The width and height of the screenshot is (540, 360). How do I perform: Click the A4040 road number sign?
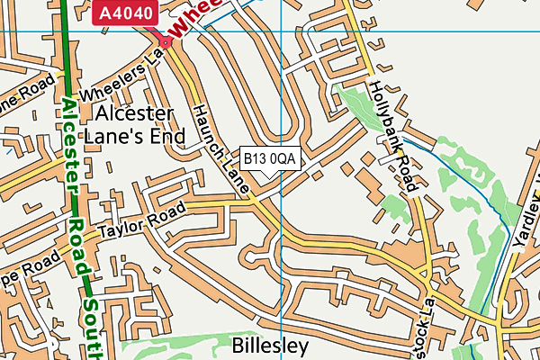coord(126,13)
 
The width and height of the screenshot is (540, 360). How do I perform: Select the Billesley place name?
coord(270,346)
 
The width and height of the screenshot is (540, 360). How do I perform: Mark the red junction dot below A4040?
coord(165,40)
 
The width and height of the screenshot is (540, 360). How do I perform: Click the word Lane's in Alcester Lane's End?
coord(113,136)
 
